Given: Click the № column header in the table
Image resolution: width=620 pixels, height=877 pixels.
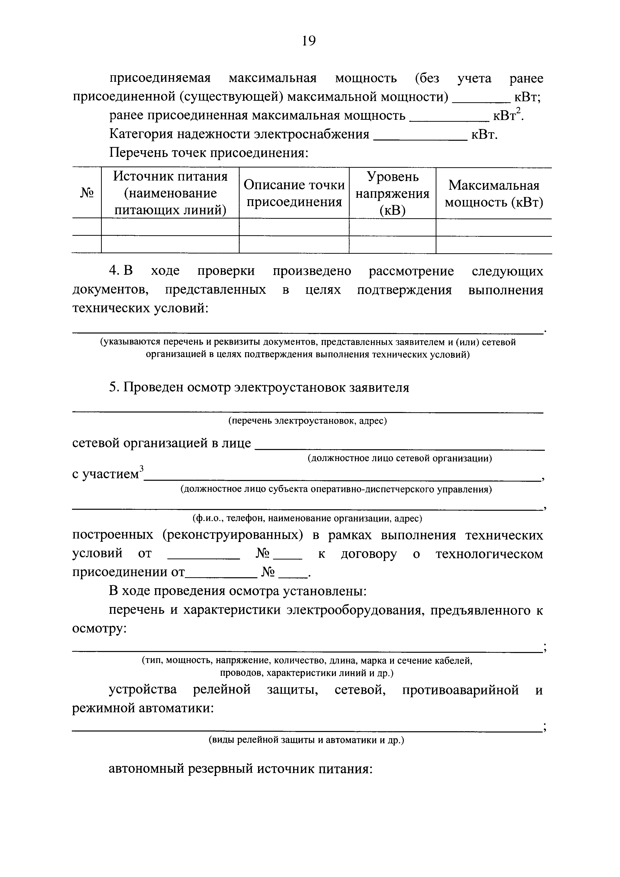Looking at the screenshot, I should coord(87,193).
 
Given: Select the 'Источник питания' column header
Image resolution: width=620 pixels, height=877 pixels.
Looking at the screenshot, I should coord(170,193).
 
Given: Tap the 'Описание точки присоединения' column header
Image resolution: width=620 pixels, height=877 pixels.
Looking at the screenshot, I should coord(294,193).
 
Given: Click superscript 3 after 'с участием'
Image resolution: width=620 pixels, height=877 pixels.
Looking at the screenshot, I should coord(141,468).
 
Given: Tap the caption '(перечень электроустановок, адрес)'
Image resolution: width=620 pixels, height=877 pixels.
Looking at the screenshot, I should coord(308,421).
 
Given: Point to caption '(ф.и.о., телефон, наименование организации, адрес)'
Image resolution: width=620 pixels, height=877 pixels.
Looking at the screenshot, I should coord(308,519).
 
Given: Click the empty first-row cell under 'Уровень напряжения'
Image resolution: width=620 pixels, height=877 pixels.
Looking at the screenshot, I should coord(392,227).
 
